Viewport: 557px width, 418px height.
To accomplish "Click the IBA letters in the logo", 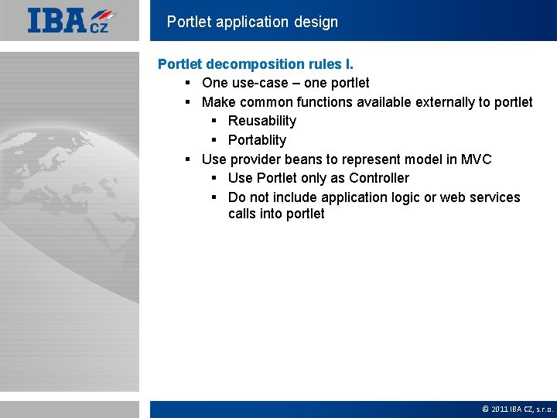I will tap(57, 20).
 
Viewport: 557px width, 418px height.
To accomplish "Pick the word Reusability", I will tap(261, 121).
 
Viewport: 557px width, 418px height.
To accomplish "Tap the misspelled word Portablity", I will tap(257, 140).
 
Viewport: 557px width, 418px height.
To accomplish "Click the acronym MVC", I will tap(476, 159).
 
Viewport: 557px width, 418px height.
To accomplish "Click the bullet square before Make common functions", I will tap(188, 102).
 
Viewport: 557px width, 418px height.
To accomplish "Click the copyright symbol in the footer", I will tap(485, 409).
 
